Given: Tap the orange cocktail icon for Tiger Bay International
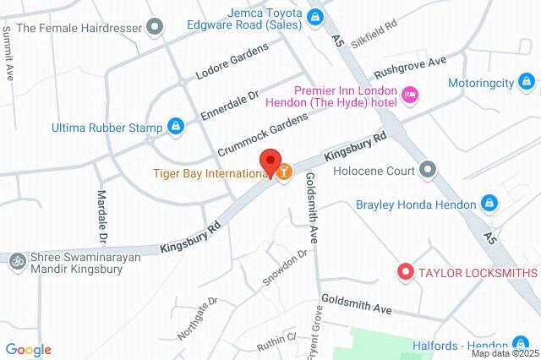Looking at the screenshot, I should point(284,173).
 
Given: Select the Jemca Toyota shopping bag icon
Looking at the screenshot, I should point(314,16).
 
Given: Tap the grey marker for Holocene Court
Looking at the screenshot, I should point(428,169).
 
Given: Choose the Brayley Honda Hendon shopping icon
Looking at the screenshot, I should point(489,203).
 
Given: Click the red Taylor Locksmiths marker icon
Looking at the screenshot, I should point(405,272).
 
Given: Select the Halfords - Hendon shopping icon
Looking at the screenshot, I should point(521,344).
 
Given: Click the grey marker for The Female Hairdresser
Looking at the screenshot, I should point(154,27).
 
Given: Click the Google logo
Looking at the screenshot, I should point(28,350).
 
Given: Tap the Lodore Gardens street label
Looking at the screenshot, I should point(232,60).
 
